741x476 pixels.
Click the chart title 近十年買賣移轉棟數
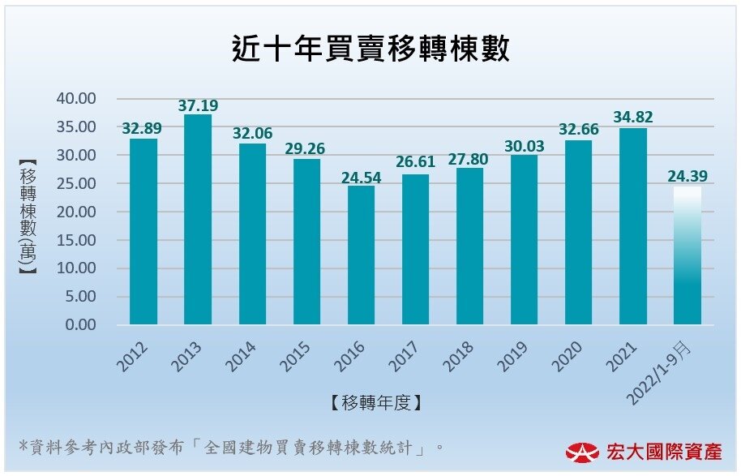(x=370, y=50)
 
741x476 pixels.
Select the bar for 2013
(x=198, y=219)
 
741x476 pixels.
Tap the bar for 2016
(x=361, y=255)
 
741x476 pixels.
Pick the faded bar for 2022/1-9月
(x=687, y=255)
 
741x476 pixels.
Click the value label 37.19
(x=198, y=105)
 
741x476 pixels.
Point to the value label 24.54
(x=361, y=177)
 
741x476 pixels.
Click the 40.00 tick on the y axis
(x=76, y=99)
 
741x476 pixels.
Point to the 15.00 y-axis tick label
(x=76, y=240)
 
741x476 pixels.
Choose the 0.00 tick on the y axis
(x=79, y=325)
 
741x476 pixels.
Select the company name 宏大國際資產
(x=663, y=452)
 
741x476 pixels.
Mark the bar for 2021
(x=632, y=226)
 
